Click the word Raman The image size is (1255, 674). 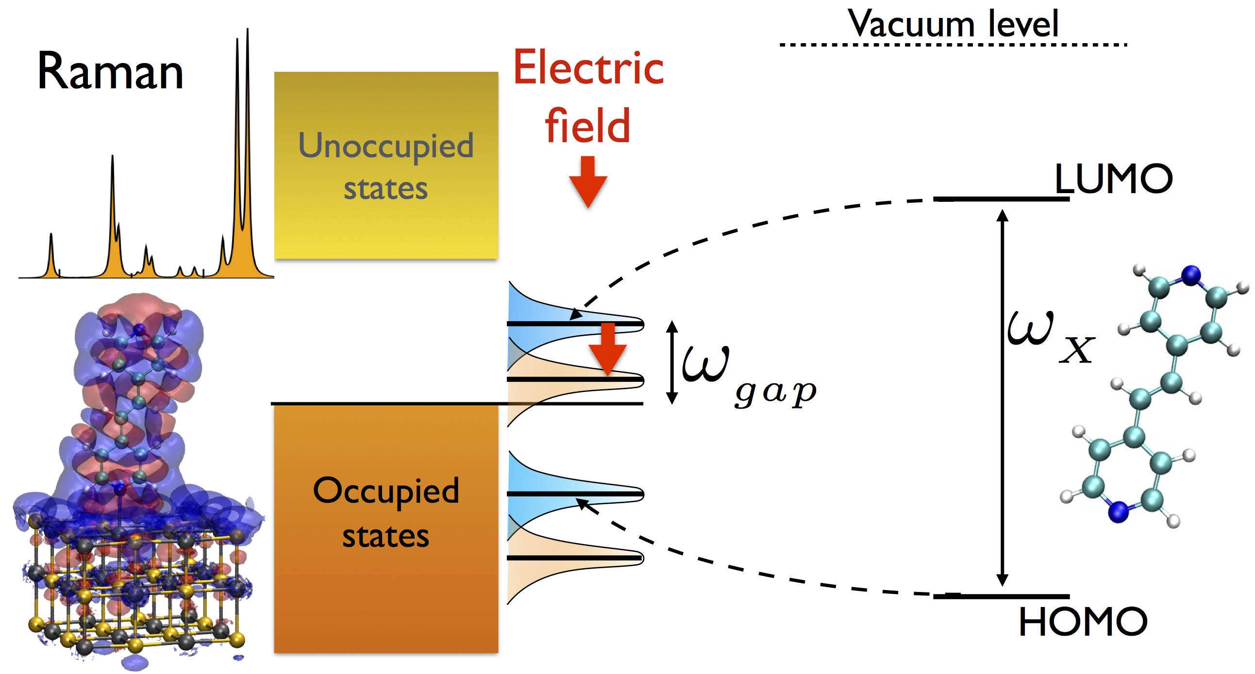(110, 72)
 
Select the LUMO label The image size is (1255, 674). (1113, 179)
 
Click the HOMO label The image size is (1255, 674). (1083, 622)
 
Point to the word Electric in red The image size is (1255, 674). (588, 68)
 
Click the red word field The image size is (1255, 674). (587, 126)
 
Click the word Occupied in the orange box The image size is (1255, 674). (386, 491)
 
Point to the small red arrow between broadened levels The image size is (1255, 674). (607, 349)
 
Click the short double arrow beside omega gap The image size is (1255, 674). (672, 362)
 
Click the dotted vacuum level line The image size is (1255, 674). (953, 45)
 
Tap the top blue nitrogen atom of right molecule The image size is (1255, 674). (1191, 275)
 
